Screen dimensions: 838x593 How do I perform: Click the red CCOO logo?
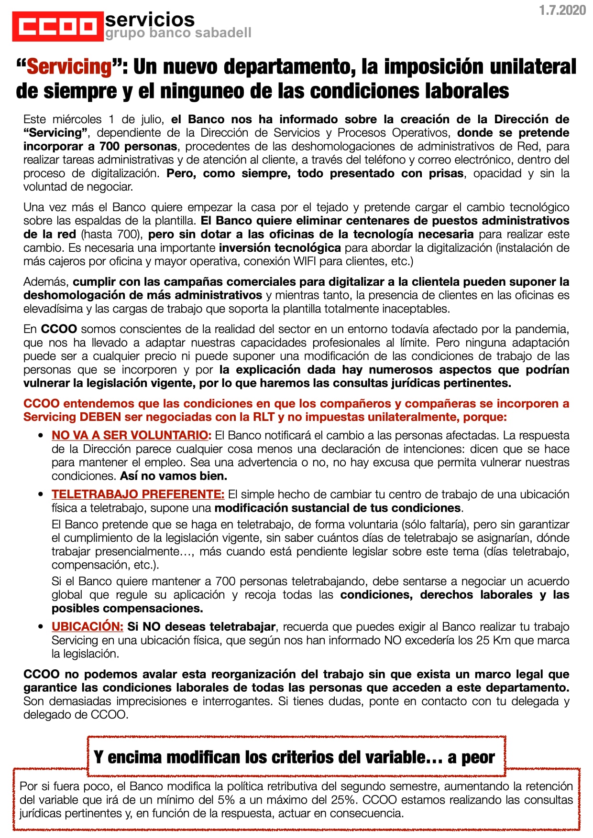(x=58, y=27)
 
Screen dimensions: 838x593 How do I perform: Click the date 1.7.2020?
(x=562, y=11)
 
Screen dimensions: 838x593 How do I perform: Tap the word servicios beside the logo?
(x=150, y=20)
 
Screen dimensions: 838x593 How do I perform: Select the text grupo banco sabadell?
(x=178, y=33)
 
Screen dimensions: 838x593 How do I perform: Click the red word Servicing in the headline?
(x=69, y=66)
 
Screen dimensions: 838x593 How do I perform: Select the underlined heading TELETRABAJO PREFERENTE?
(x=138, y=494)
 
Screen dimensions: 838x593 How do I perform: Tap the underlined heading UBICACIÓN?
(x=88, y=626)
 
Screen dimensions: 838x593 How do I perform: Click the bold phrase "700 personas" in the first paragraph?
(x=138, y=146)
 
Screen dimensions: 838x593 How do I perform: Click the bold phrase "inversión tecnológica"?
(x=280, y=248)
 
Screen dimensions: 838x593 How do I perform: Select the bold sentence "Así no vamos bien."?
(x=174, y=476)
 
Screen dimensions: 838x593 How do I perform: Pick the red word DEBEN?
(x=100, y=417)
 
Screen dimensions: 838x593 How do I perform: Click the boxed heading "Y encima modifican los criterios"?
(x=294, y=757)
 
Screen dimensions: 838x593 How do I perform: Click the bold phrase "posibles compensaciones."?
(x=127, y=608)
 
